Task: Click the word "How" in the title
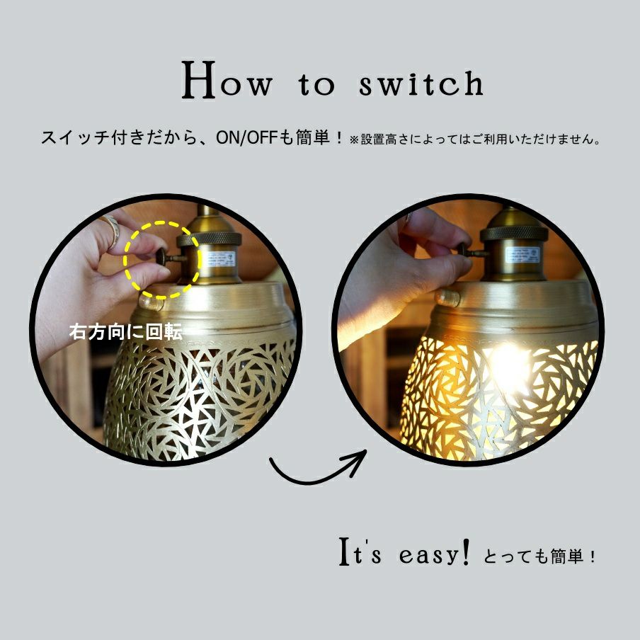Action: coord(227,80)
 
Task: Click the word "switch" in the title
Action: coord(421,84)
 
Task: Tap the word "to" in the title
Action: coord(316,85)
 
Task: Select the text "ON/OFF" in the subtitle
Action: coord(246,138)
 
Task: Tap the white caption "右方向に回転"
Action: coord(125,332)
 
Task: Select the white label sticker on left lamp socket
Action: coord(220,259)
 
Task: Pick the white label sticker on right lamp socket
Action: coord(522,255)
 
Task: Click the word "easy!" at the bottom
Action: coord(434,554)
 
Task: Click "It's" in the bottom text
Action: coord(360,552)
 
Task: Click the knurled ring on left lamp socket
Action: coord(209,239)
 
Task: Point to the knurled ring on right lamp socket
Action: coord(514,234)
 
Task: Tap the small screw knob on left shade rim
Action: coord(149,302)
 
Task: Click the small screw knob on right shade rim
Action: coord(447,298)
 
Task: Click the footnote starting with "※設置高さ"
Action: coord(475,139)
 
